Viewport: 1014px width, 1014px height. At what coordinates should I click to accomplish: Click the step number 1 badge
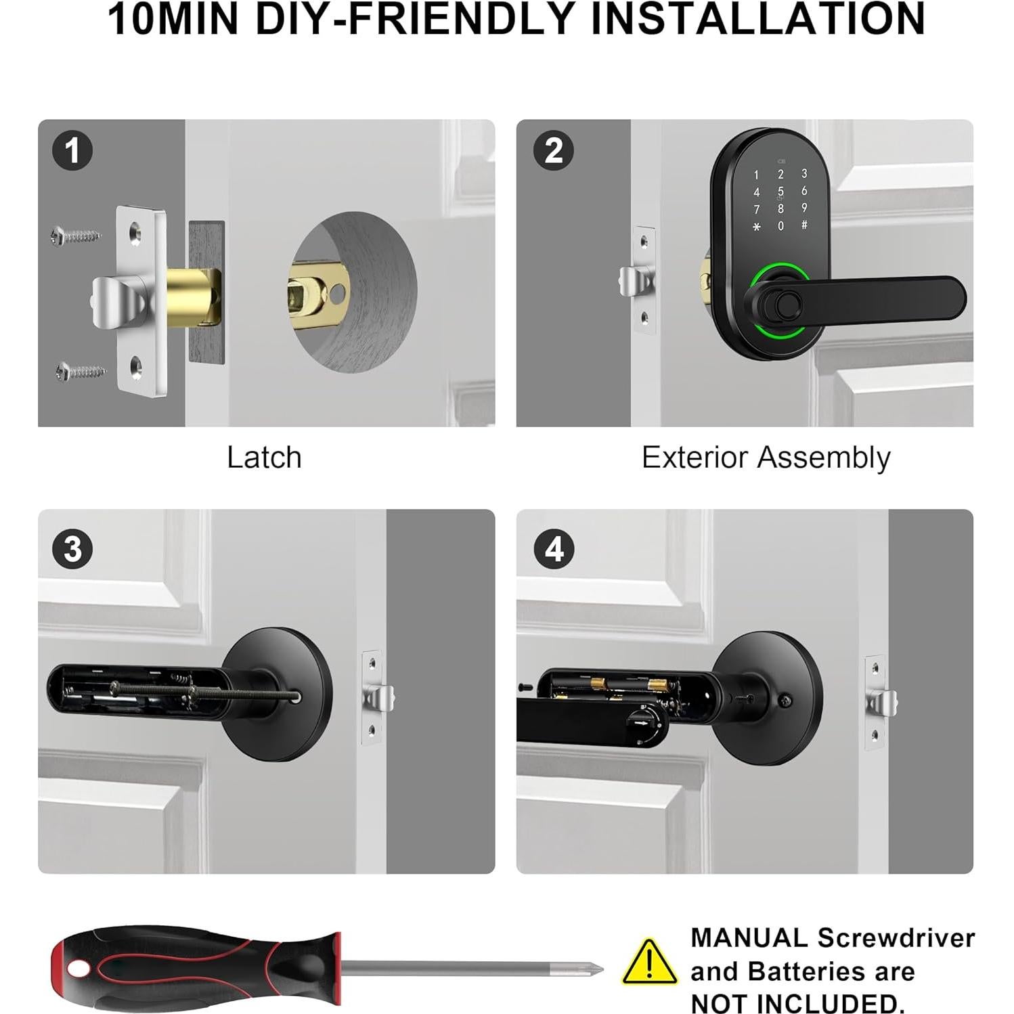pos(72,150)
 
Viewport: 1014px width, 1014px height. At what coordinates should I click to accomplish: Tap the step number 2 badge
pos(553,150)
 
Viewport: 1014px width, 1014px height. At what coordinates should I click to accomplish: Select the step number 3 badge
pos(72,548)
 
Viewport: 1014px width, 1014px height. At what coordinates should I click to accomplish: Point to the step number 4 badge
pos(553,548)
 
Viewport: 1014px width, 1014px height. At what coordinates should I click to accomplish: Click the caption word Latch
pos(264,458)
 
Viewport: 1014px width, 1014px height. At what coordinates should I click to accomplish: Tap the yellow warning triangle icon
pos(649,963)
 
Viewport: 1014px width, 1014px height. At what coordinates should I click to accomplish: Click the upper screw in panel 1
pos(76,236)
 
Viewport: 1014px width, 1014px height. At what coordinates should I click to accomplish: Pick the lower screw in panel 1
pos(81,371)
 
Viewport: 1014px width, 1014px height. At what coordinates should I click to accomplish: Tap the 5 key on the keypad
pos(780,192)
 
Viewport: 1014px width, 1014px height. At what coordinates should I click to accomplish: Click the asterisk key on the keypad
pos(756,227)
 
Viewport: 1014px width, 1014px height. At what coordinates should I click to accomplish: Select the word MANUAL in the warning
pos(749,938)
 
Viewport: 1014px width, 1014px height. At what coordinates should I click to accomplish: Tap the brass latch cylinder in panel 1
pos(194,296)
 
